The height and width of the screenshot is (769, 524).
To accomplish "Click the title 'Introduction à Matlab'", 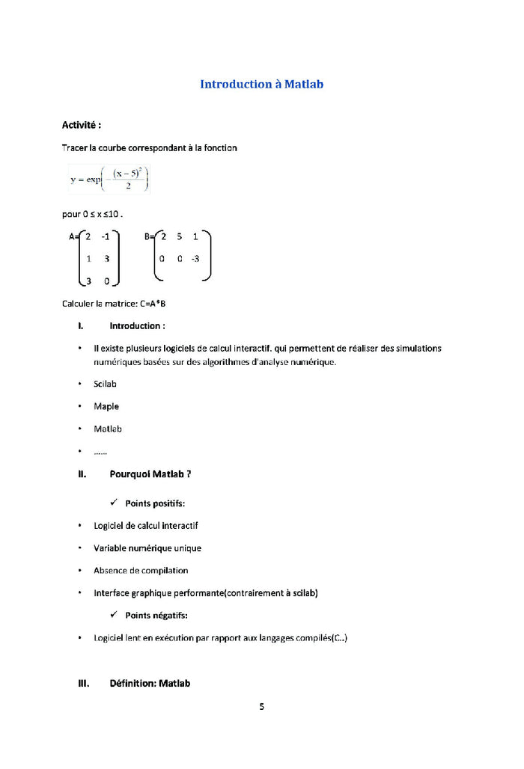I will pos(261,85).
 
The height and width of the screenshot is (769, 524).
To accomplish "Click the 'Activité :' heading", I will pos(82,125).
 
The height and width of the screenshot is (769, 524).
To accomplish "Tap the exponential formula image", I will pos(109,178).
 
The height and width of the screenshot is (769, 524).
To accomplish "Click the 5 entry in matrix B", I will pos(180,236).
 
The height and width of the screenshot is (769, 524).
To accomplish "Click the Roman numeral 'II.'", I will pos(82,474).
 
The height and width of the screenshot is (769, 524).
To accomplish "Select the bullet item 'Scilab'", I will pos(105,384).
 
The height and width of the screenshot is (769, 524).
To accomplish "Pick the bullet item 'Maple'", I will pos(106,407).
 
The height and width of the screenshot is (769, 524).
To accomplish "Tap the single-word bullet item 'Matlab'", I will pos(108,429).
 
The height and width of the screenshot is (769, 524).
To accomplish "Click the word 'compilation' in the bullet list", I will pos(165,571).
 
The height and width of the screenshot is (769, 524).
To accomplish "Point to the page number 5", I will pos(262,706).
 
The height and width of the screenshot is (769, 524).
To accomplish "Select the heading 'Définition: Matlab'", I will pos(150,683).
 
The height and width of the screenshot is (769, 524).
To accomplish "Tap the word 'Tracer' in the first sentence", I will pos(75,148).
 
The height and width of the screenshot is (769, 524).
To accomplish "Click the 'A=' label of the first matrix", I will pos(74,236).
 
